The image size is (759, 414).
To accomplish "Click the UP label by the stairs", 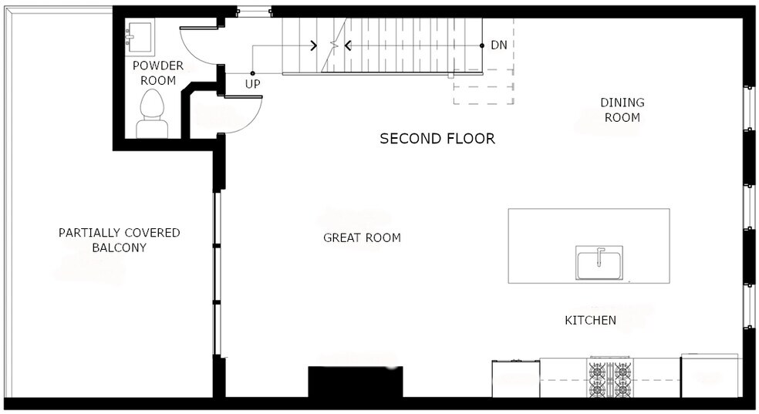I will tap(253, 83).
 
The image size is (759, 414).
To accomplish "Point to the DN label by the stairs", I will tap(499, 45).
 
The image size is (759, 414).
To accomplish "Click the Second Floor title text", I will tap(437, 139).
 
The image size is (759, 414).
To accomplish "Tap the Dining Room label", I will tap(622, 109).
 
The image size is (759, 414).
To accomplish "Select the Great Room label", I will tap(362, 237).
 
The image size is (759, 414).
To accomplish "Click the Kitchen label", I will tap(590, 320).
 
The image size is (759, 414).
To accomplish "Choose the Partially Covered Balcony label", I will tap(120, 240).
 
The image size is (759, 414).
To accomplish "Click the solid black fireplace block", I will tap(355, 382).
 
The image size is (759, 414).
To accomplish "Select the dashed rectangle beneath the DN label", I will tap(483, 87).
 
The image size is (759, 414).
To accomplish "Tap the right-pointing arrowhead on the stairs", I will tap(314, 45).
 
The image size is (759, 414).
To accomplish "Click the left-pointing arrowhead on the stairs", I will tap(347, 45).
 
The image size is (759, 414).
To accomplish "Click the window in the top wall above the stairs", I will tap(254, 12).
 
